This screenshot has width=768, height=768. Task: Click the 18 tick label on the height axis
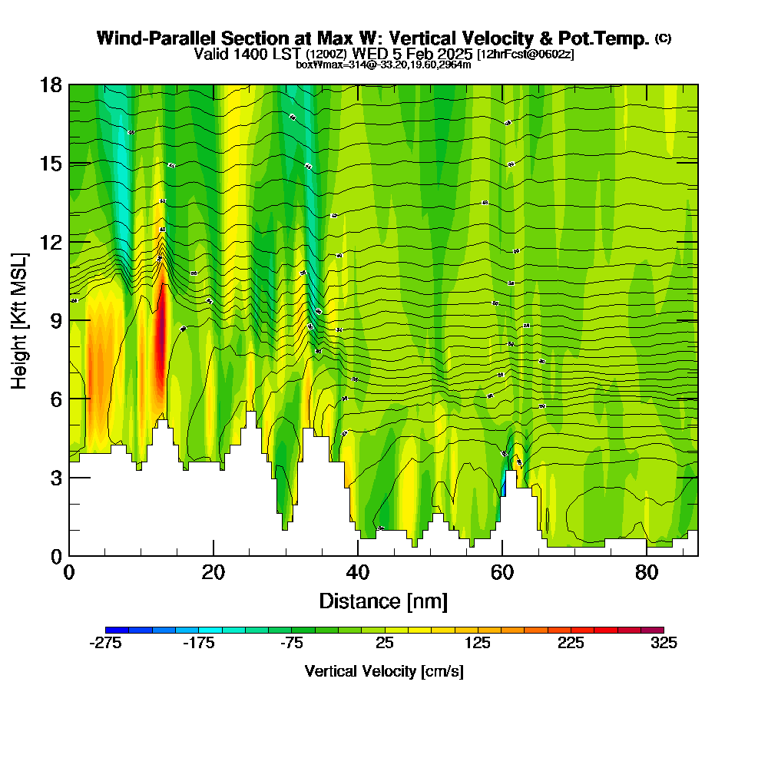coord(51,84)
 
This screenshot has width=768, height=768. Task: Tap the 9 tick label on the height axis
coord(55,320)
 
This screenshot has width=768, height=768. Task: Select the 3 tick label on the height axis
coord(55,477)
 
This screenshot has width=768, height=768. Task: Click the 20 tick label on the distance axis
coord(214,572)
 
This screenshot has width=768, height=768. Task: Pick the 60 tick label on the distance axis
coord(502,572)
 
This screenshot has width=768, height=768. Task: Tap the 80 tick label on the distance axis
coord(647,572)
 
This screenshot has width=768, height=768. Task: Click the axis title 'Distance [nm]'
coord(383,601)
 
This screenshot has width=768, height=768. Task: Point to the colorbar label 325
coord(664,644)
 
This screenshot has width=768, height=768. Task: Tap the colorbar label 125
coord(478,644)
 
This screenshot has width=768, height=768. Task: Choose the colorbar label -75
coord(292,644)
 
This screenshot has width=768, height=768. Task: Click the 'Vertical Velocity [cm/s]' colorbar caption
coord(384,671)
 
